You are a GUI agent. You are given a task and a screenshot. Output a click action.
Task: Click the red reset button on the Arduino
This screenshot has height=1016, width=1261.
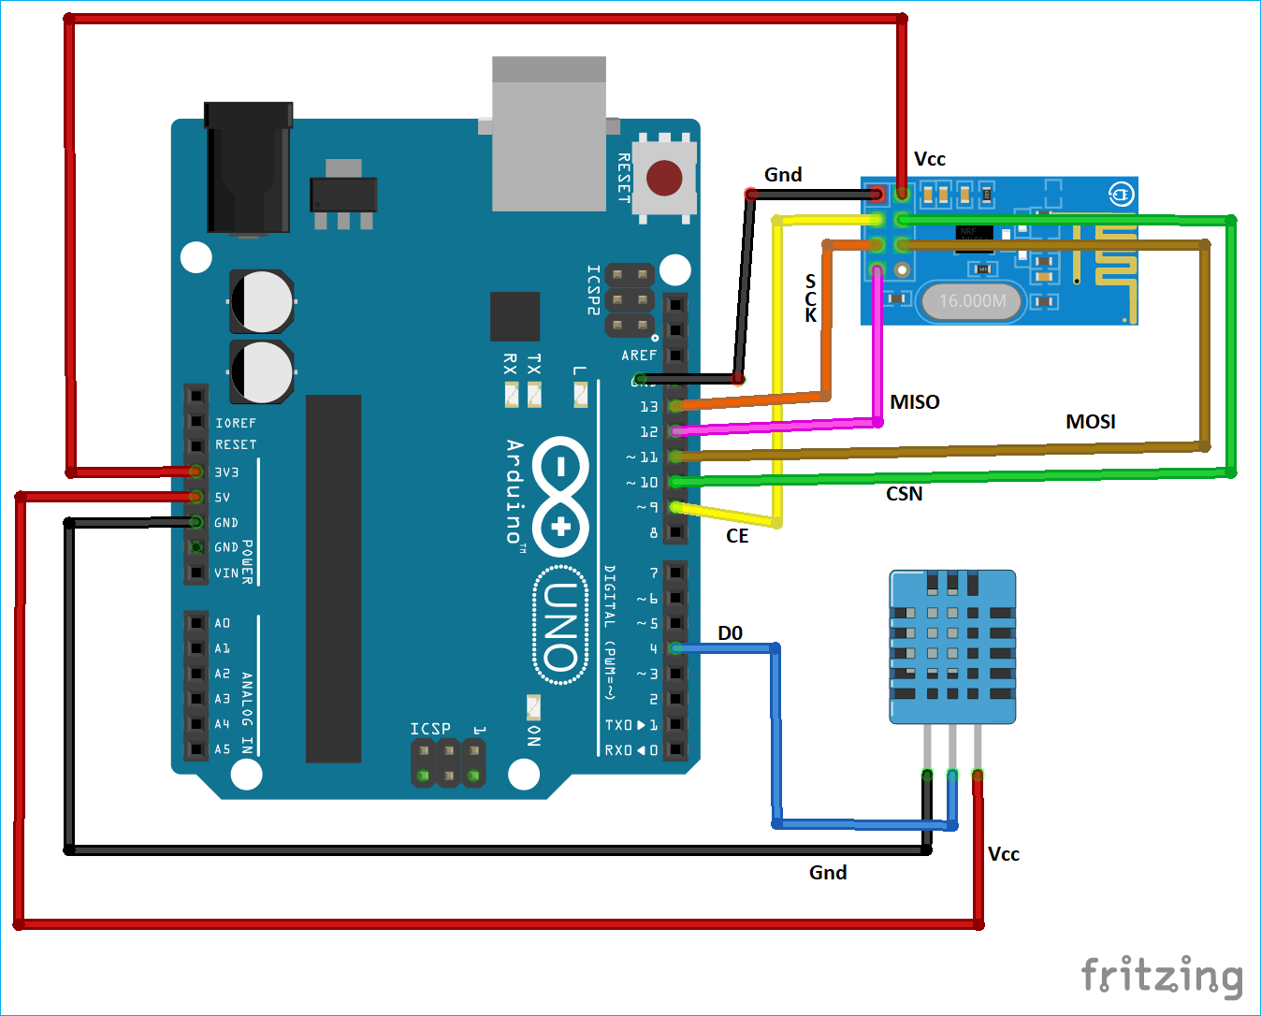coord(664,178)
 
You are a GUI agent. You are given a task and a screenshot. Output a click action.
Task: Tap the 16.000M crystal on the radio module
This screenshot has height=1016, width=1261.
coord(972,301)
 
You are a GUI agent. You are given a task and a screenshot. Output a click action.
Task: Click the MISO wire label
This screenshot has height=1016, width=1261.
coord(914,402)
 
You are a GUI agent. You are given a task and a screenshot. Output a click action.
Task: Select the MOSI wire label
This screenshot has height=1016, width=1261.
coord(1090,422)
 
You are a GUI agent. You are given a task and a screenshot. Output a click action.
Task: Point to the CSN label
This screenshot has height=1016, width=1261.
coord(904,494)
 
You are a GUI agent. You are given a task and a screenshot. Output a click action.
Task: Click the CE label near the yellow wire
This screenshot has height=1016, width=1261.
coord(737,536)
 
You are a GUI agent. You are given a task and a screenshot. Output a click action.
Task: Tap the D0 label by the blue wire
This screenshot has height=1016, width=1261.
coord(730,633)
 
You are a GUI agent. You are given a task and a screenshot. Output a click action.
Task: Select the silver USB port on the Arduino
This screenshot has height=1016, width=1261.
coord(549,136)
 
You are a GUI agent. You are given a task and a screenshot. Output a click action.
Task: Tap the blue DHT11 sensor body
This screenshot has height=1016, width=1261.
coord(952,646)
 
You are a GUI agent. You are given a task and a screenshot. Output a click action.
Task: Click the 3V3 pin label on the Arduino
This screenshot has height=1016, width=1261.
coord(226,472)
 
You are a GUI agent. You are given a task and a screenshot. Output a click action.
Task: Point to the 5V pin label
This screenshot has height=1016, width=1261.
coord(222,498)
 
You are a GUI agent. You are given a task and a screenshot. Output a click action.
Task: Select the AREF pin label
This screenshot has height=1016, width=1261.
coord(639,356)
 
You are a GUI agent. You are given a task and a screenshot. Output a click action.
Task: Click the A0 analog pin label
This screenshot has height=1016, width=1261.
coord(222,623)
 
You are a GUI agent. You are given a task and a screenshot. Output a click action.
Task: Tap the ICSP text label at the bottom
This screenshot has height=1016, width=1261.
coord(430,729)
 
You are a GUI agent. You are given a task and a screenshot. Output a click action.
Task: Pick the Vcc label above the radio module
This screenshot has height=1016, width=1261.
coord(929,159)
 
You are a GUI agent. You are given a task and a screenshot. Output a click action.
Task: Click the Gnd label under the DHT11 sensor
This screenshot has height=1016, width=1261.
coord(828,873)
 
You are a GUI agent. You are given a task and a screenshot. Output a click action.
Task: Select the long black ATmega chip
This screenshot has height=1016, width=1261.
coord(333,578)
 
